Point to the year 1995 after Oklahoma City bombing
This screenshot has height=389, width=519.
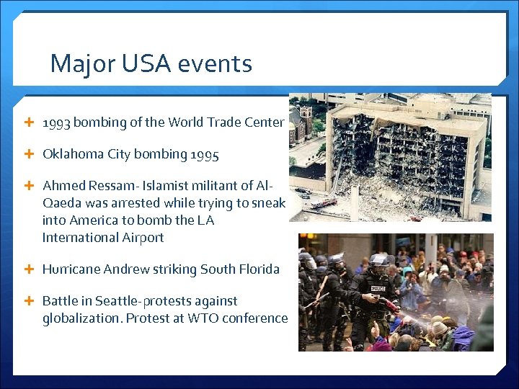click(x=203, y=154)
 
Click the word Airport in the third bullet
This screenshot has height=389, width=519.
click(x=140, y=238)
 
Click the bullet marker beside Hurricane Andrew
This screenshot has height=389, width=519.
click(x=29, y=269)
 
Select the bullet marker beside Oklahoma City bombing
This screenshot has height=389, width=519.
click(x=29, y=154)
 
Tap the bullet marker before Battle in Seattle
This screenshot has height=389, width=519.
click(x=29, y=301)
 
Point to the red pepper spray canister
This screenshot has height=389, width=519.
click(x=390, y=304)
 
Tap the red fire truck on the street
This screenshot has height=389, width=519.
click(x=324, y=204)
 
